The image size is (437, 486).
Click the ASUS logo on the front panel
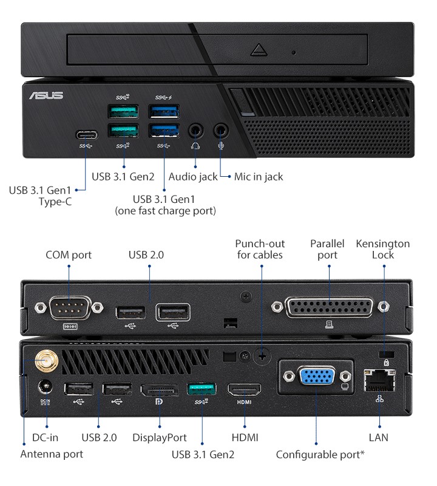(46, 95)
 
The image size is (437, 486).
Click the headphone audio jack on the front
(195, 130)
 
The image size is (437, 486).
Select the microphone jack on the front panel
(222, 130)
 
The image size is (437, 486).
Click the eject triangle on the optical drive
(259, 50)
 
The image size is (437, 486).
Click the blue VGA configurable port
(316, 377)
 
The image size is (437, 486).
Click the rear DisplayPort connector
(160, 390)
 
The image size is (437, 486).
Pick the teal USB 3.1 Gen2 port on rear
(202, 389)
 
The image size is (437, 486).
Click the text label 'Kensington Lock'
(383, 249)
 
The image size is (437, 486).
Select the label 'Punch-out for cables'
(260, 249)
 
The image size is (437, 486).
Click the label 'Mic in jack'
(259, 177)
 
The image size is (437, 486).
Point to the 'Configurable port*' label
(320, 454)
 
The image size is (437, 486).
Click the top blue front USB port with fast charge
(164, 112)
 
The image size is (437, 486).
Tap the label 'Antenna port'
(52, 454)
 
